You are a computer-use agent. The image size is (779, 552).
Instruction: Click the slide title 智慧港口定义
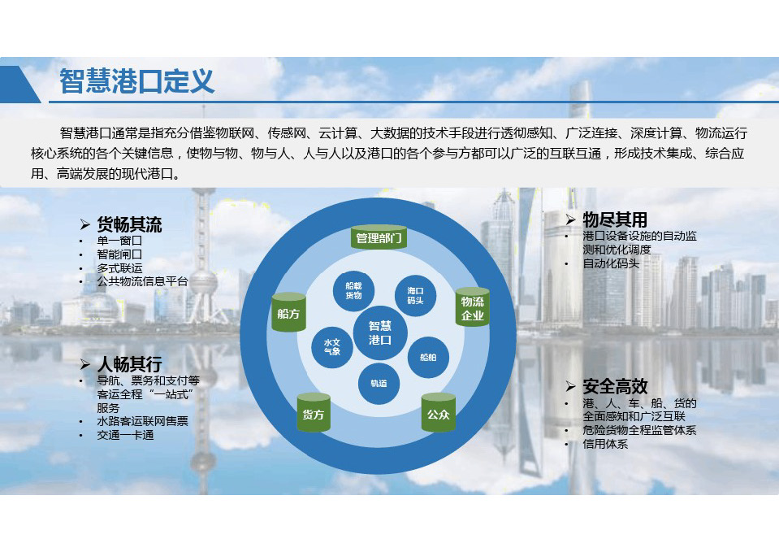click(x=136, y=81)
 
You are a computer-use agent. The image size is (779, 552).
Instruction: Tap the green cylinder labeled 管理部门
click(x=379, y=237)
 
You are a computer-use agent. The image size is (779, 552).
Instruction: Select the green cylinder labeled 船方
click(x=288, y=312)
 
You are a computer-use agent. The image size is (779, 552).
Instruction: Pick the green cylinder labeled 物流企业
click(x=473, y=307)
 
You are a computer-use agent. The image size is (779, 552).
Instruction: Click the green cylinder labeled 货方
click(x=314, y=412)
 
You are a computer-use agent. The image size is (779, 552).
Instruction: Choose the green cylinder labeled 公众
click(x=438, y=412)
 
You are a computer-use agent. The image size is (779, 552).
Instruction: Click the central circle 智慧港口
click(x=380, y=333)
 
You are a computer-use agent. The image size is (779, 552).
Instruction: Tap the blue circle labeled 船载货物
click(x=353, y=291)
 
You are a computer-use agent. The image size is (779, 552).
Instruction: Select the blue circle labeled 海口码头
click(x=415, y=296)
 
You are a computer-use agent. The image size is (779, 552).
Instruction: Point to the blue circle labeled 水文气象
click(x=332, y=347)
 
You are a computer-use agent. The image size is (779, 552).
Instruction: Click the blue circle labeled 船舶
click(x=428, y=357)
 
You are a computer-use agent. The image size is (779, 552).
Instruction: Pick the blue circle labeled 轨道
click(x=379, y=384)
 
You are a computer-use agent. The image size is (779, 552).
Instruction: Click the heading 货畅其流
click(x=129, y=224)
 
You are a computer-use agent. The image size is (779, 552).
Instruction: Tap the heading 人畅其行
click(x=129, y=364)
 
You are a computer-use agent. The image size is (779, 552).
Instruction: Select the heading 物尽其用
click(x=615, y=219)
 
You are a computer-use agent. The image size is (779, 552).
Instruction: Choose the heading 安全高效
click(x=615, y=386)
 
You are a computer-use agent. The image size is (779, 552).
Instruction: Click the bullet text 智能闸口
click(x=119, y=254)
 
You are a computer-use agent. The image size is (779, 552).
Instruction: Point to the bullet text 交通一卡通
click(x=125, y=435)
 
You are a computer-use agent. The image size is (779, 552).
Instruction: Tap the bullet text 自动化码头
click(x=611, y=263)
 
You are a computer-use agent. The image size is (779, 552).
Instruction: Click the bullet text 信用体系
click(x=605, y=444)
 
